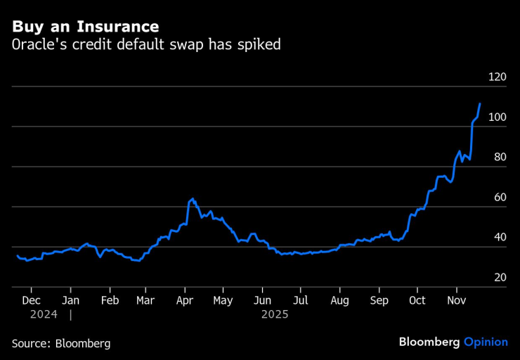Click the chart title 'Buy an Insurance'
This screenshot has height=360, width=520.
[x=85, y=27]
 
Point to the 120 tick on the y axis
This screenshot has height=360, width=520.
[x=498, y=77]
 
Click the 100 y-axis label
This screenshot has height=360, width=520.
[x=498, y=117]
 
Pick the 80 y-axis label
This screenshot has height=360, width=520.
[x=500, y=157]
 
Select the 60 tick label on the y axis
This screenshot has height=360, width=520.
[x=500, y=198]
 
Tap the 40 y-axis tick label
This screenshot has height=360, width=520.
[x=500, y=238]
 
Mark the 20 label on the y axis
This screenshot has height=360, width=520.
[x=500, y=278]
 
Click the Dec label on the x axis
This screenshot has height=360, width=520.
[x=31, y=300]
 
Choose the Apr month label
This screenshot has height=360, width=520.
[x=184, y=300]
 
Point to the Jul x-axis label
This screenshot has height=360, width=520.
[x=300, y=300]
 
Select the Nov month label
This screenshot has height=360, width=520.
[x=457, y=300]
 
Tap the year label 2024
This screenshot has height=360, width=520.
[x=44, y=314]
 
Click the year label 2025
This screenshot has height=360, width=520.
[x=275, y=314]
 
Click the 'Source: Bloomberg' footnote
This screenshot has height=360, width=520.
[x=61, y=343]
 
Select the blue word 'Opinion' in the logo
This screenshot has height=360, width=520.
[x=486, y=342]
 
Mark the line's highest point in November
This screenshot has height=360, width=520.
[x=480, y=103]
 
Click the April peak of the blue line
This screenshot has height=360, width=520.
[x=193, y=199]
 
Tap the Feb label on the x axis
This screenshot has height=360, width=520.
[x=109, y=300]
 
